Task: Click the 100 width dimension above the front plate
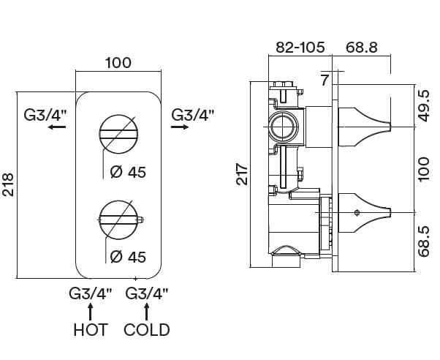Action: (118, 63)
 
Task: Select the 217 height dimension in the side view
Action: (243, 174)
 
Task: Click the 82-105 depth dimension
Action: (300, 48)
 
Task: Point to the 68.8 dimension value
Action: (362, 48)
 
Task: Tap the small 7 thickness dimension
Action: (325, 79)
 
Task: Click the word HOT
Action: (91, 330)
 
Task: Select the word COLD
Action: (147, 330)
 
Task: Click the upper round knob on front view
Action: (118, 132)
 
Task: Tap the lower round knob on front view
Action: (118, 217)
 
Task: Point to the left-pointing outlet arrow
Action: (53, 127)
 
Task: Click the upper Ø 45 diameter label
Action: (127, 173)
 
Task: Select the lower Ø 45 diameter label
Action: (127, 257)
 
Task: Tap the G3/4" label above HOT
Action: (91, 294)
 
